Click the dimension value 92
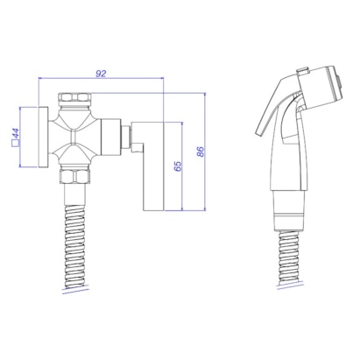101,74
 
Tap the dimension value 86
201,152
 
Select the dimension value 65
178,166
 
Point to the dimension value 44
16,133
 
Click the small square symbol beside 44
15,144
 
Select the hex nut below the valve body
74,175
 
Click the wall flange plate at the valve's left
43,137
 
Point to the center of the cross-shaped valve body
74,137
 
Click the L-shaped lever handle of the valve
154,166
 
